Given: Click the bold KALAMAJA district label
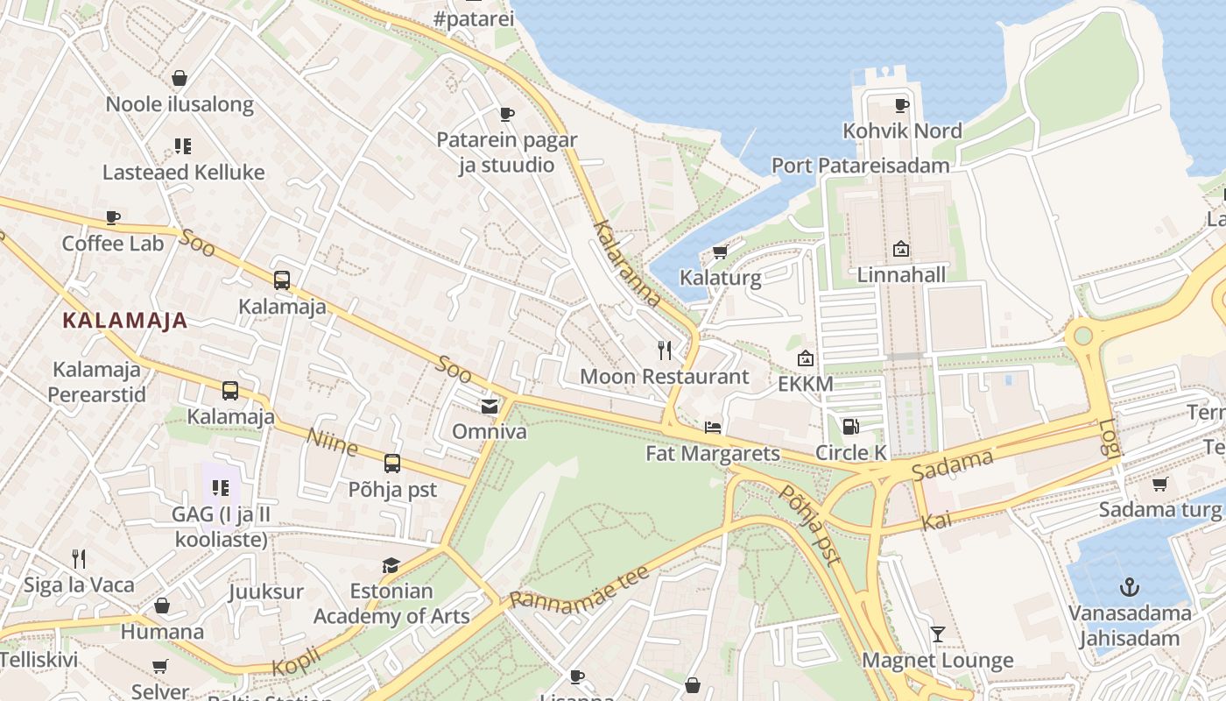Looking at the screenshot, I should [125, 321].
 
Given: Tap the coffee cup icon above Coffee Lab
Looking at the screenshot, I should [113, 217].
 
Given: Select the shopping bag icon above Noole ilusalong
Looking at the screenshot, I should [180, 78].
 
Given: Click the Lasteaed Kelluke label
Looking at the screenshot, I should [183, 172].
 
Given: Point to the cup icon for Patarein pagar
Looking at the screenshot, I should [506, 114].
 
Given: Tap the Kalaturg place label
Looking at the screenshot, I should [721, 279].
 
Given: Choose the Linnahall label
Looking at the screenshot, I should [901, 275].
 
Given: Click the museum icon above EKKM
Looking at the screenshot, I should [806, 358].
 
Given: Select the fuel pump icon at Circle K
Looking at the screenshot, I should [850, 427].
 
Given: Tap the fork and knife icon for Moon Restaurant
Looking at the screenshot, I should [665, 350].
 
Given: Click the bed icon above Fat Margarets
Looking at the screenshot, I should [713, 428].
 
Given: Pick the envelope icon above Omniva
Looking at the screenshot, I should [489, 406].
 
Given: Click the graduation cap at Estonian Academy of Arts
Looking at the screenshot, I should [391, 565].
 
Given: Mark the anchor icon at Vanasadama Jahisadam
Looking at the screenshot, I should [1130, 586].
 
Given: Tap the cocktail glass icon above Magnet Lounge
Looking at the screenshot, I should [938, 634].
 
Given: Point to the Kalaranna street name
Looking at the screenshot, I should [627, 263].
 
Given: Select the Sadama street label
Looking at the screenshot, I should [953, 464].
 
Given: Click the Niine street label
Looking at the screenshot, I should [332, 442].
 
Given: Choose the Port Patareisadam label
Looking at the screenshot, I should [860, 166].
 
